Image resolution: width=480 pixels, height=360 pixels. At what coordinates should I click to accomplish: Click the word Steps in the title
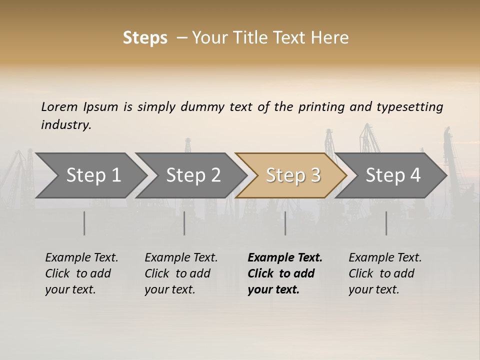pos(145,38)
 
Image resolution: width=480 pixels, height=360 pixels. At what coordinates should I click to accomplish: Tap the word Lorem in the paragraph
pos(59,107)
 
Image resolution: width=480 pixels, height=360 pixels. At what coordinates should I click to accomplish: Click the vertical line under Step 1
pos(84,223)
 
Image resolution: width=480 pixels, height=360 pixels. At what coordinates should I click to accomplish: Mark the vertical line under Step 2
pos(184,223)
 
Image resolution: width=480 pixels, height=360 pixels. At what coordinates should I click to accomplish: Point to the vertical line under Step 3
pos(285,223)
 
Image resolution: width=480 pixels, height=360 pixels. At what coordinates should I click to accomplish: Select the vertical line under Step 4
pos(386,223)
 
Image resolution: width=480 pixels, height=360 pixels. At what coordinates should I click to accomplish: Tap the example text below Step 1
pos(81,273)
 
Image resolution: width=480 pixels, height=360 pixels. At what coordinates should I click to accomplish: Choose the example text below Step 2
pos(181,273)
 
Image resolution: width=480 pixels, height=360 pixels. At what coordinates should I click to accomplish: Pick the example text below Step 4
pos(384,273)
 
